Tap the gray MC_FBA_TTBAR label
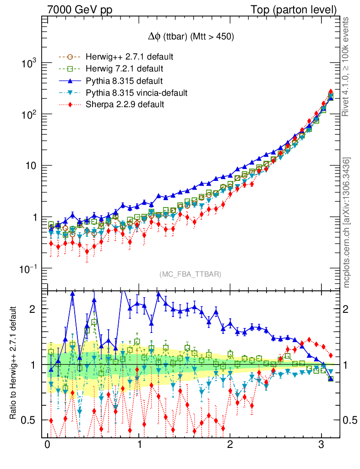pos(190,274)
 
